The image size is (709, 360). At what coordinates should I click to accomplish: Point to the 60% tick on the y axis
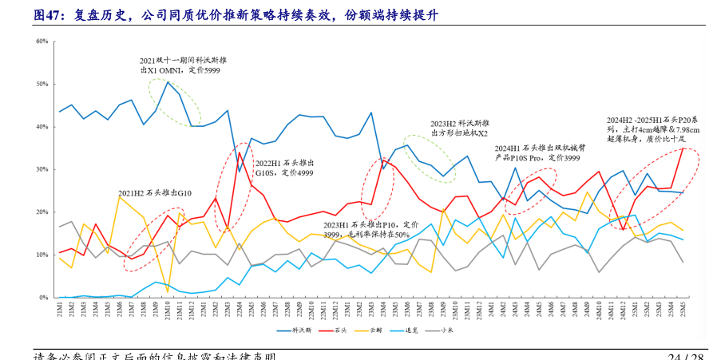click(x=43, y=42)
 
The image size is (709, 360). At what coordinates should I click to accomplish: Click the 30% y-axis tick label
click(x=43, y=169)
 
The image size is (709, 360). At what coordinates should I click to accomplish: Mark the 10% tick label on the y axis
click(x=43, y=255)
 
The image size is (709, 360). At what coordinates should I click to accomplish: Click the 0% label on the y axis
click(x=45, y=297)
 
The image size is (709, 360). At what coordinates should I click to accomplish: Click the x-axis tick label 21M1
click(x=60, y=310)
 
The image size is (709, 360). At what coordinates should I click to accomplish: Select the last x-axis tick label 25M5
click(x=682, y=310)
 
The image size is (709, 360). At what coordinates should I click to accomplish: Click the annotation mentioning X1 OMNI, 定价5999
click(x=183, y=65)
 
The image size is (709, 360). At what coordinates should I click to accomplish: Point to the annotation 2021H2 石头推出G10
click(x=156, y=193)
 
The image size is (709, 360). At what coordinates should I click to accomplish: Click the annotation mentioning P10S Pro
click(x=537, y=153)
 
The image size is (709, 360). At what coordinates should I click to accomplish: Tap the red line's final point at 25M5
click(x=682, y=149)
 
